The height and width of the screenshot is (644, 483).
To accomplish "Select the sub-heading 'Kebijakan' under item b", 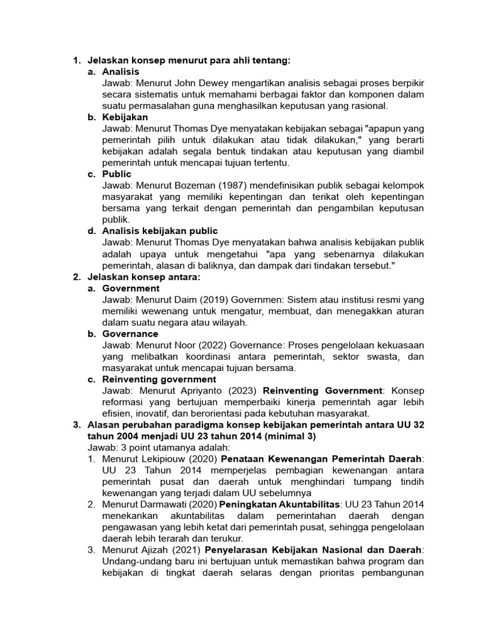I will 125,117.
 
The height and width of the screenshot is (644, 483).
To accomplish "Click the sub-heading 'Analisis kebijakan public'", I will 160,231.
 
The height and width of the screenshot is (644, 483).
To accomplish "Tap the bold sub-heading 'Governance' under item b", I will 130,333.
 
